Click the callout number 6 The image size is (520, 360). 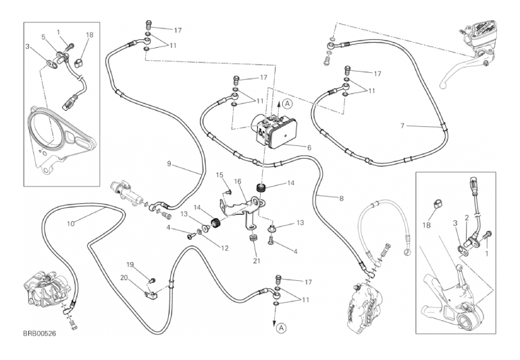point(309,147)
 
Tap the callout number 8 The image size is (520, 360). point(342,198)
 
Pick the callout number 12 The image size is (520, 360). point(225,248)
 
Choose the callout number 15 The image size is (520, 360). point(219,176)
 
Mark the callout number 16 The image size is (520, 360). point(238,182)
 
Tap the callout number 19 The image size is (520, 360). point(131,264)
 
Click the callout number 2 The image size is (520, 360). point(466,217)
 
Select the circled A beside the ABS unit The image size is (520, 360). point(287,103)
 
